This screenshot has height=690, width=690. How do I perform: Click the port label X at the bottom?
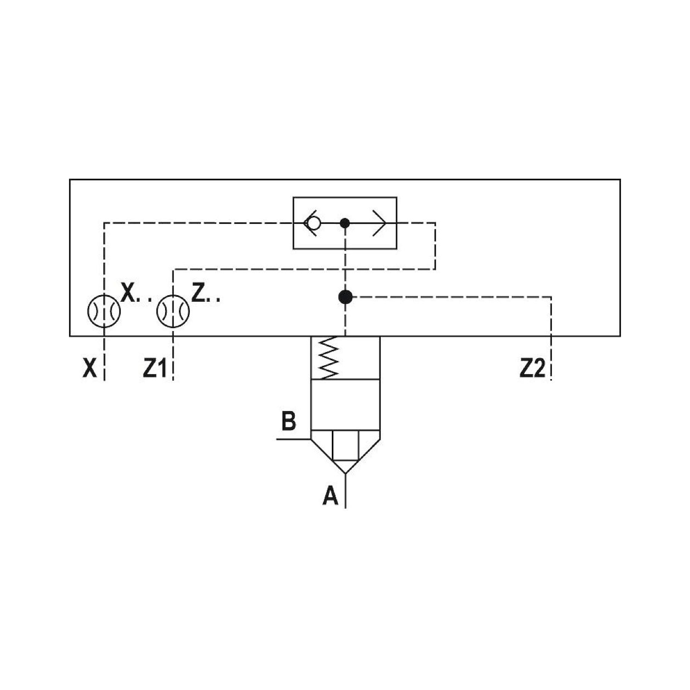90,368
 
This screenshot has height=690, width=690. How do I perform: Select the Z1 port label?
155,368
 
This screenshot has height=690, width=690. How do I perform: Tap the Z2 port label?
532,368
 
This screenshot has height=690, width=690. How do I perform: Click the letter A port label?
331,496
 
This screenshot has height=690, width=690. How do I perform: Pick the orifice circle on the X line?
104,311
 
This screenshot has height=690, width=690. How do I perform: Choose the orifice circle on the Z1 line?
173,311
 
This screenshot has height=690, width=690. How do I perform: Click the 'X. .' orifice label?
136,294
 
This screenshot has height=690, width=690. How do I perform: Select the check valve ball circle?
314,223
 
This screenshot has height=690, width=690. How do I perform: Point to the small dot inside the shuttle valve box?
345,223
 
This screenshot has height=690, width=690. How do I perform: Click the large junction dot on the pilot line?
345,297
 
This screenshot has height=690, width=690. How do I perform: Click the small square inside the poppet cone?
345,445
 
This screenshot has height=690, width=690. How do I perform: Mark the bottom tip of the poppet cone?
345,474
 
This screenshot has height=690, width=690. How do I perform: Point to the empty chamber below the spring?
345,404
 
